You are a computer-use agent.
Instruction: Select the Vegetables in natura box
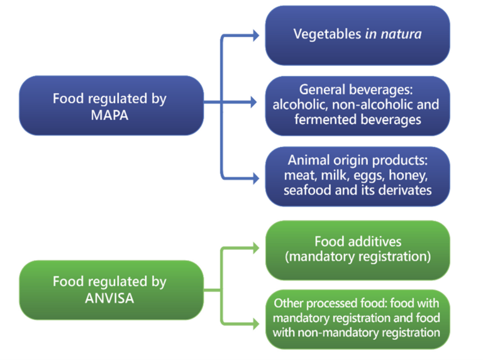pyautogui.click(x=357, y=35)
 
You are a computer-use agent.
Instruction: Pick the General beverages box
pyautogui.click(x=357, y=105)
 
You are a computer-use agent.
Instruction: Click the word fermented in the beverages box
pyautogui.click(x=324, y=119)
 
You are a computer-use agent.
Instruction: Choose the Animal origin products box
pyautogui.click(x=357, y=175)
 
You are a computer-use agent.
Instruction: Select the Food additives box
pyautogui.click(x=357, y=249)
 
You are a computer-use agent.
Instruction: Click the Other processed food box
pyautogui.click(x=357, y=319)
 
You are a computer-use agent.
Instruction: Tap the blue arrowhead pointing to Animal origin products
pyautogui.click(x=255, y=177)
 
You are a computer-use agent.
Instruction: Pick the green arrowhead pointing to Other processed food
pyautogui.click(x=255, y=324)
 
